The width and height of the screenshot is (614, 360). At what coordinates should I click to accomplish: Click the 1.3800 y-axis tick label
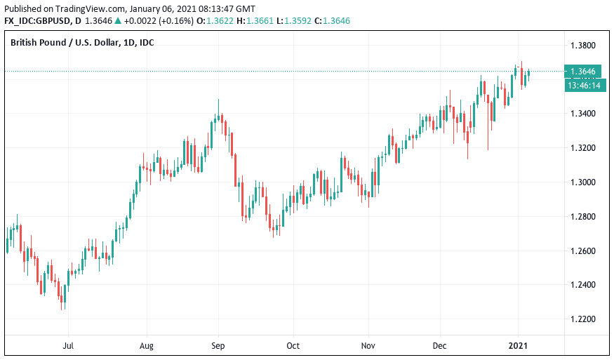tap(583, 46)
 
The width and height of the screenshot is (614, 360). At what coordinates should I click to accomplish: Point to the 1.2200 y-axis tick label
tap(583, 319)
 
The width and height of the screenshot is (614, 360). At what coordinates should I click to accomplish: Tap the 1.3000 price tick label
tap(583, 182)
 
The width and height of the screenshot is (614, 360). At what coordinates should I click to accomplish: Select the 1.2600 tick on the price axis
tap(583, 251)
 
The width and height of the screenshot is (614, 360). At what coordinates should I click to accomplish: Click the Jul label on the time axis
tap(69, 346)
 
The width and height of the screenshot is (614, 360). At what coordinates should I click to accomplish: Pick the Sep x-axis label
tap(218, 346)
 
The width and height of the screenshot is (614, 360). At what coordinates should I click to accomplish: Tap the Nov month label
tap(368, 346)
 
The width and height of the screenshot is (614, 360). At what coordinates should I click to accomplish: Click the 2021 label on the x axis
tap(518, 346)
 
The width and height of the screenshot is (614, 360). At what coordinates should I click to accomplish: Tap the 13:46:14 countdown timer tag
tap(585, 86)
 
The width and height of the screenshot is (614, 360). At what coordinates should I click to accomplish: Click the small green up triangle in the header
tap(118, 21)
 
